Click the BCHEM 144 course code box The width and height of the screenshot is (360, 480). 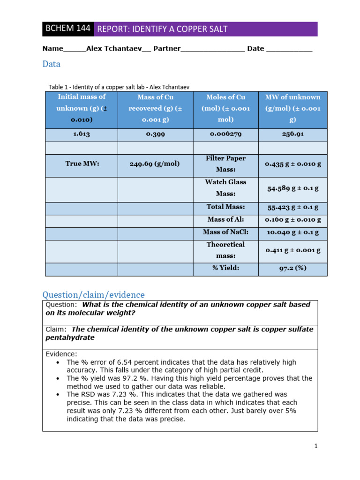point(67,29)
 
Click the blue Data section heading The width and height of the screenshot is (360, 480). point(51,64)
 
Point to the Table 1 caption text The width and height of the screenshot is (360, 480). point(119,87)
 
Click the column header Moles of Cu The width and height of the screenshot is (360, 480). point(225,97)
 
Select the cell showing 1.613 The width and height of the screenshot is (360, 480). point(81,134)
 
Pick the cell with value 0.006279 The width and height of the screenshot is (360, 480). point(225,134)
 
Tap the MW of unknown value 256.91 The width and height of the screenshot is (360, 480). point(292,134)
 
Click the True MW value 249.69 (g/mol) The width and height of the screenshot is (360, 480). point(155,164)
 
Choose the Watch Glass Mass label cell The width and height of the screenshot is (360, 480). point(225,187)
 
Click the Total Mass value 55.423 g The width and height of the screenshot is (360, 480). point(292,207)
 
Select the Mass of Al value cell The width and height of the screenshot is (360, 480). point(292,219)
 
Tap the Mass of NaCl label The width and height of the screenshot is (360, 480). point(225,232)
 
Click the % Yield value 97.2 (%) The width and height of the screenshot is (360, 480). point(292,268)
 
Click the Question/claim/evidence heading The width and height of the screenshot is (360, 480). point(93,295)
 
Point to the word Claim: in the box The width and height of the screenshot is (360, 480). point(56,330)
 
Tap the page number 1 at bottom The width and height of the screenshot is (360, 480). point(316,446)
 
